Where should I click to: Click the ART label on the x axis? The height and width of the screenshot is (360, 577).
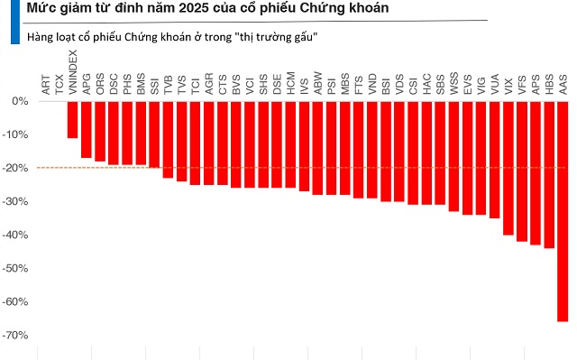point(46,85)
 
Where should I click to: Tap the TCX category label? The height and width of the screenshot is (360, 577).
point(60,85)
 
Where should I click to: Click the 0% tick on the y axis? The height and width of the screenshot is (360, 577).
point(20,101)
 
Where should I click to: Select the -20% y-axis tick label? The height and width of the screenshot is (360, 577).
point(17,168)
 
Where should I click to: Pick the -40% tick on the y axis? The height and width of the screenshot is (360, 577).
point(17,235)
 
